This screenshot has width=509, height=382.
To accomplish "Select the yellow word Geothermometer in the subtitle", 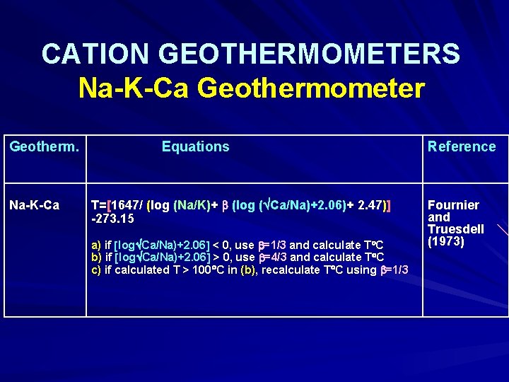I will point(311,88).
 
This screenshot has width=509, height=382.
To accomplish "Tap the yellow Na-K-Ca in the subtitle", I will point(134,88).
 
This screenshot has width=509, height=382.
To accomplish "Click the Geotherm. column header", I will point(43,146).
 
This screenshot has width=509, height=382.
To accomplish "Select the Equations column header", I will point(196,146).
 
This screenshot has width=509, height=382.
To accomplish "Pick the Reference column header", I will point(462,146).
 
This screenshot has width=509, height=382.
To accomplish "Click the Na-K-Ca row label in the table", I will point(34,205).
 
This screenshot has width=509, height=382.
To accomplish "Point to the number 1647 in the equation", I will point(127,205).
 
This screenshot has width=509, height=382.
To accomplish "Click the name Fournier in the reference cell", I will point(453,205).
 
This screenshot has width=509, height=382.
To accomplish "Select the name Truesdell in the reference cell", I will point(456,229).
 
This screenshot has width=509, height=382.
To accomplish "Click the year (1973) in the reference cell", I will point(446,241).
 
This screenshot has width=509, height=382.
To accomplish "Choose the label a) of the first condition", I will point(96,245).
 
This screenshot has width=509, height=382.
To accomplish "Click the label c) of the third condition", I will point(96,270).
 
